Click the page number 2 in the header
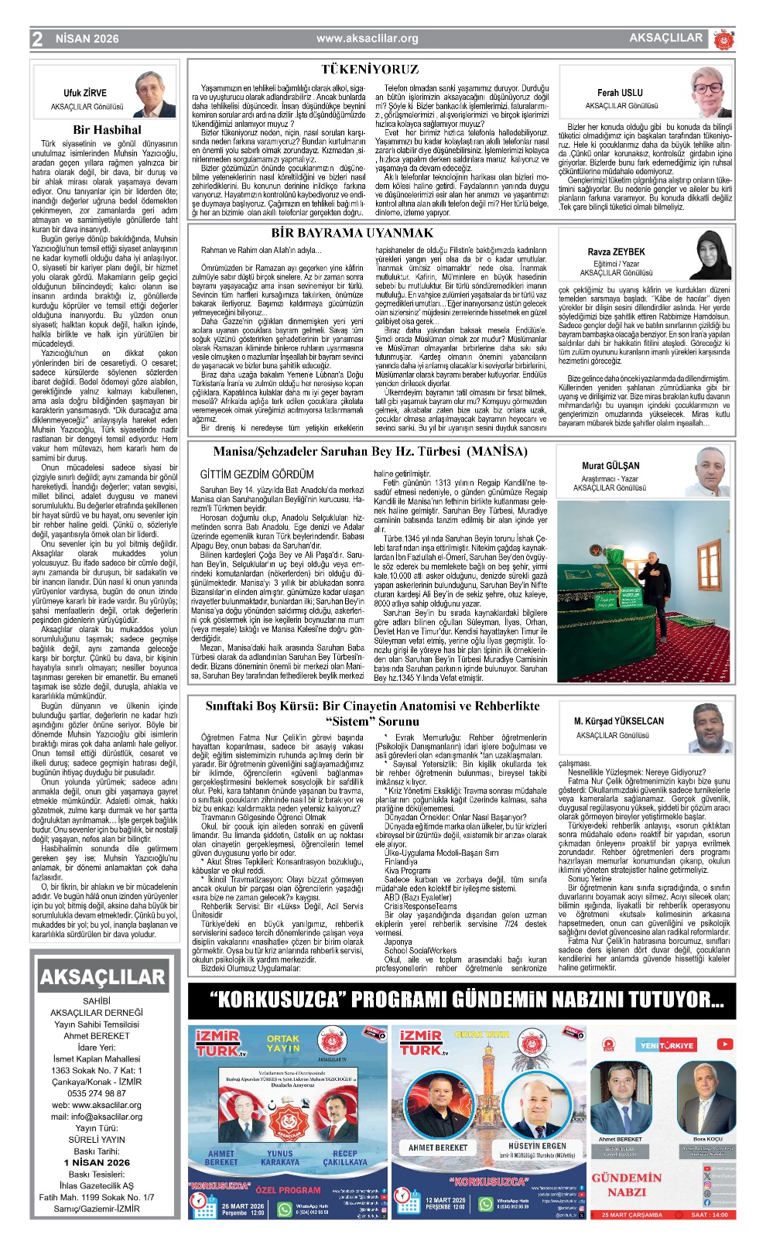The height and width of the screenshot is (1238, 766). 37,39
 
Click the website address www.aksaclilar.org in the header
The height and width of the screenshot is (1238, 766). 367,39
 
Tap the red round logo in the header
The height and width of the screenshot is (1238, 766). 722,39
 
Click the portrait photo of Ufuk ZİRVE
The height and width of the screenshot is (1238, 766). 155,94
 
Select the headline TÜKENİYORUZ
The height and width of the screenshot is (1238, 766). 370,69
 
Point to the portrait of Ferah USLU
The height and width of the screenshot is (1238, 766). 710,92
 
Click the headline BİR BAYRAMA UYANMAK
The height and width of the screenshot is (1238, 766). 352,232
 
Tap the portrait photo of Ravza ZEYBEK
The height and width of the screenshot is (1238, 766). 710,255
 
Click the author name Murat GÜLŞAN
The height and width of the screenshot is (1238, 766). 610,466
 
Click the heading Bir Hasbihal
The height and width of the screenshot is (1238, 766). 108,130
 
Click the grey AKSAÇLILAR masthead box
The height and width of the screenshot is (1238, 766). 102,977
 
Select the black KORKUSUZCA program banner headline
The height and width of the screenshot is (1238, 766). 467,1000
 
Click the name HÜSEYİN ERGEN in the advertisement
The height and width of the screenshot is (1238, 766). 537,1146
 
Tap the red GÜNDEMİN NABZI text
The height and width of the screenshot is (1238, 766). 627,1185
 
